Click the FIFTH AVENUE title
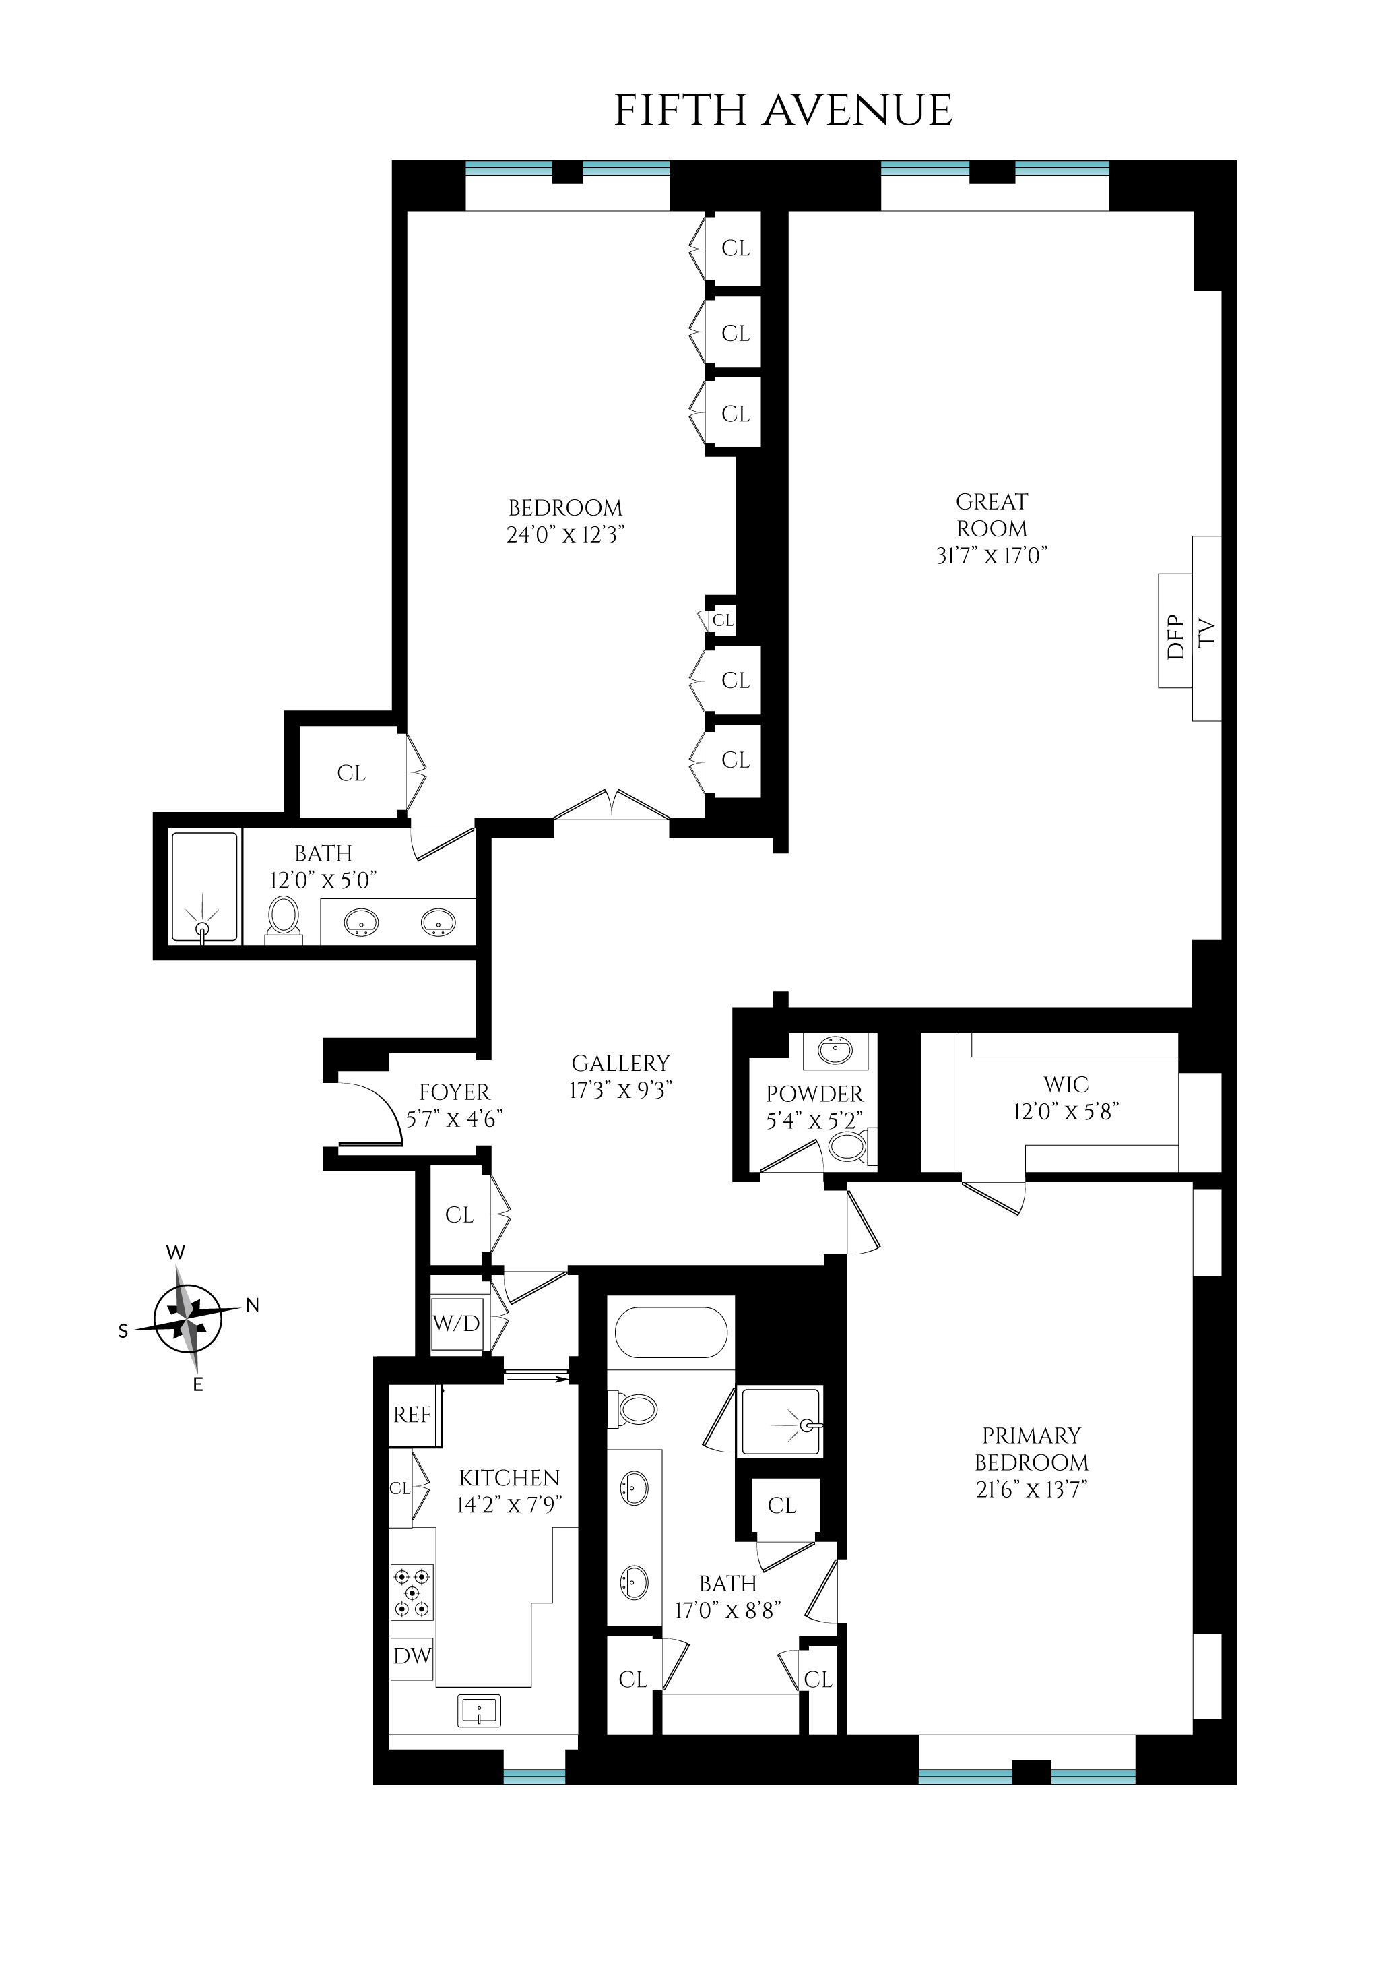pyautogui.click(x=783, y=111)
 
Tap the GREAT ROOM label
pyautogui.click(x=992, y=515)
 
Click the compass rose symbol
pyautogui.click(x=187, y=1318)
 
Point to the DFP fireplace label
pyautogui.click(x=1176, y=637)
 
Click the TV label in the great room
pyautogui.click(x=1207, y=632)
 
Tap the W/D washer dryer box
pyautogui.click(x=456, y=1323)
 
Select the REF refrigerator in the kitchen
pyautogui.click(x=412, y=1415)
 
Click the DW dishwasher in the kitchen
pyautogui.click(x=412, y=1656)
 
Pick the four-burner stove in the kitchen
pyautogui.click(x=412, y=1591)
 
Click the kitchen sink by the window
pyautogui.click(x=478, y=1710)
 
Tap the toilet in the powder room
pyautogui.click(x=849, y=1146)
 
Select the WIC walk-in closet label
pyautogui.click(x=1066, y=1084)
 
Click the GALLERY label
pyautogui.click(x=620, y=1063)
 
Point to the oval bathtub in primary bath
pyautogui.click(x=672, y=1332)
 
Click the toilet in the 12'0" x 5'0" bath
pyautogui.click(x=283, y=917)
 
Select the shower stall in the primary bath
pyautogui.click(x=780, y=1423)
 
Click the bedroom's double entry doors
pyautogui.click(x=612, y=806)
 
